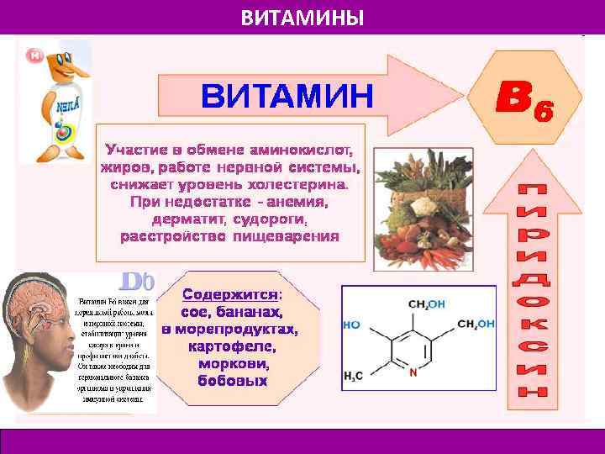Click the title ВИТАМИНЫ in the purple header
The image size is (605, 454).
pyautogui.click(x=302, y=17)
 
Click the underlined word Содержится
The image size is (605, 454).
pyautogui.click(x=230, y=295)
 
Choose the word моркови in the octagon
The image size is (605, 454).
pyautogui.click(x=234, y=364)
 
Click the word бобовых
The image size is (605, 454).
pyautogui.click(x=232, y=382)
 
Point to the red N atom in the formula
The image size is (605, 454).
pyautogui.click(x=413, y=375)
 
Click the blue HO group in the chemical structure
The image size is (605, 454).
pyautogui.click(x=352, y=324)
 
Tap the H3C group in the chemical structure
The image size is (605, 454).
pyautogui.click(x=353, y=377)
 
